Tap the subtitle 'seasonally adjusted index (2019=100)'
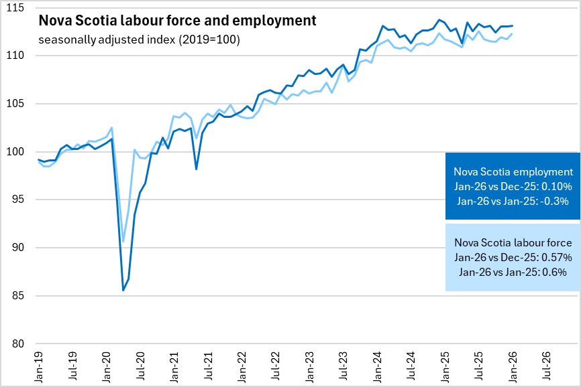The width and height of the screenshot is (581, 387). pos(139,40)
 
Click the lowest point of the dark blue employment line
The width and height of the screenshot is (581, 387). pos(123,290)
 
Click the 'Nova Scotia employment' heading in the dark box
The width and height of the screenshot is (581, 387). pos(513,171)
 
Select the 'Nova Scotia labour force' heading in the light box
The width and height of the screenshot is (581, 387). pos(513,242)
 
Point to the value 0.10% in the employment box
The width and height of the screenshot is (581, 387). pos(556,186)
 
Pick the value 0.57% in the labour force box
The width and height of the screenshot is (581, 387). pos(556,257)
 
